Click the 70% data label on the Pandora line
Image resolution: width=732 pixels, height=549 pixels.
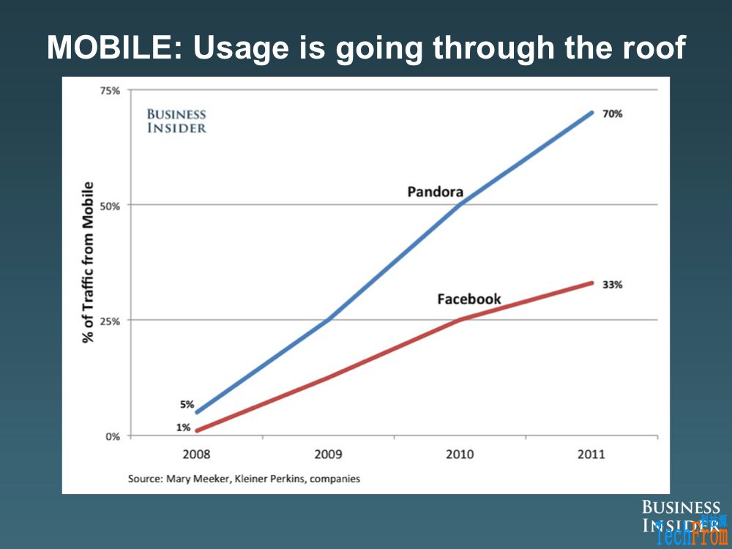point(612,114)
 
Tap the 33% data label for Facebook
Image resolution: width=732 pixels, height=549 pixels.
point(612,285)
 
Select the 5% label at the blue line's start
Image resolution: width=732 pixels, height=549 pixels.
point(187,403)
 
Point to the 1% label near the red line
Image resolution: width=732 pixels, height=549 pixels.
point(183,427)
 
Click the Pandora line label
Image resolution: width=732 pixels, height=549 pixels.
point(436,192)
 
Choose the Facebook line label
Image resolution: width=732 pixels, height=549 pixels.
point(469,299)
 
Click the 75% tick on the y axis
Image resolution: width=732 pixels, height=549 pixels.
point(110,91)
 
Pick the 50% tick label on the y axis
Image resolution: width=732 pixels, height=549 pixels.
point(110,206)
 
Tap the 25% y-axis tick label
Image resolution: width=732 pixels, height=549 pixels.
point(110,321)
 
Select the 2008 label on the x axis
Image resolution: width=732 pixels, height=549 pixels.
point(196,455)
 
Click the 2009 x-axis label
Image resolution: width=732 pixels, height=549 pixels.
point(328,455)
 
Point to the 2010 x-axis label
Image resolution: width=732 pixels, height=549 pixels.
point(460,455)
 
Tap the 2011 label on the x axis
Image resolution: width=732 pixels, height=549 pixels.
point(591,455)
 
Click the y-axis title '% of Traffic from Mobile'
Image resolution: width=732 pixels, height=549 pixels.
point(89,261)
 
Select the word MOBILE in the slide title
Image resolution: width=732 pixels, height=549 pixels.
point(114,48)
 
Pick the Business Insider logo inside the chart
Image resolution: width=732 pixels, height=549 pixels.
point(176,121)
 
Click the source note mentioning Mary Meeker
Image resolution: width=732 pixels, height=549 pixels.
point(244,479)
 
